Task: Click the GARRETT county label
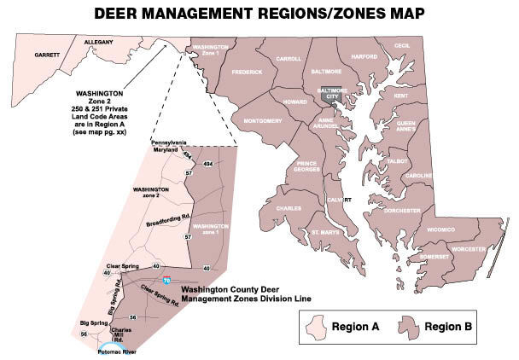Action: pyautogui.click(x=47, y=55)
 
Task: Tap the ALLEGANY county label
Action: pyautogui.click(x=100, y=41)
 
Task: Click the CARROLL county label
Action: pyautogui.click(x=289, y=59)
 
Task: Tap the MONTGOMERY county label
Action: pyautogui.click(x=263, y=121)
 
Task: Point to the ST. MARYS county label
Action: pyautogui.click(x=325, y=231)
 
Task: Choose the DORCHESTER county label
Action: pyautogui.click(x=401, y=209)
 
